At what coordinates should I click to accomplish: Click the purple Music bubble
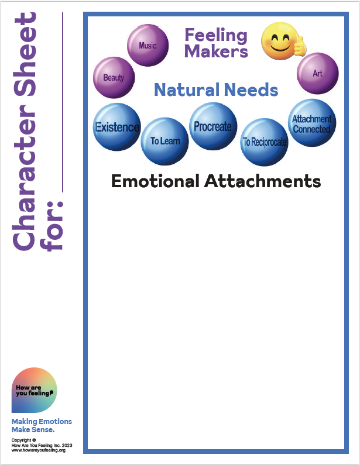click(x=148, y=46)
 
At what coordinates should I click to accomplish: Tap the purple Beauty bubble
click(x=114, y=77)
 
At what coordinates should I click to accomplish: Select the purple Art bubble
click(x=317, y=74)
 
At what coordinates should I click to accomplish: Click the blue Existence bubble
click(x=117, y=127)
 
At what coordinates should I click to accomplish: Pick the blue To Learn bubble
click(x=165, y=141)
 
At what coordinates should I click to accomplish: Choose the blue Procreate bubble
click(x=212, y=126)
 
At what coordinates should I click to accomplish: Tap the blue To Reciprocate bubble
click(x=265, y=142)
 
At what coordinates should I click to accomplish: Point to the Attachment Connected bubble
click(x=312, y=123)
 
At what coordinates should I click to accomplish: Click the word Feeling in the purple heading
click(x=216, y=35)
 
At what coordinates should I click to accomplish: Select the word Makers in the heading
click(x=216, y=51)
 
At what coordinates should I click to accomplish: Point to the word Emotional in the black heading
click(x=155, y=181)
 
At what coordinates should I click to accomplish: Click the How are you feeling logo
click(x=34, y=391)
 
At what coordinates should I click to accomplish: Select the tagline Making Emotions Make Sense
click(x=41, y=426)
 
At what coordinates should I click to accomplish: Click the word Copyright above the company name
click(x=23, y=439)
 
